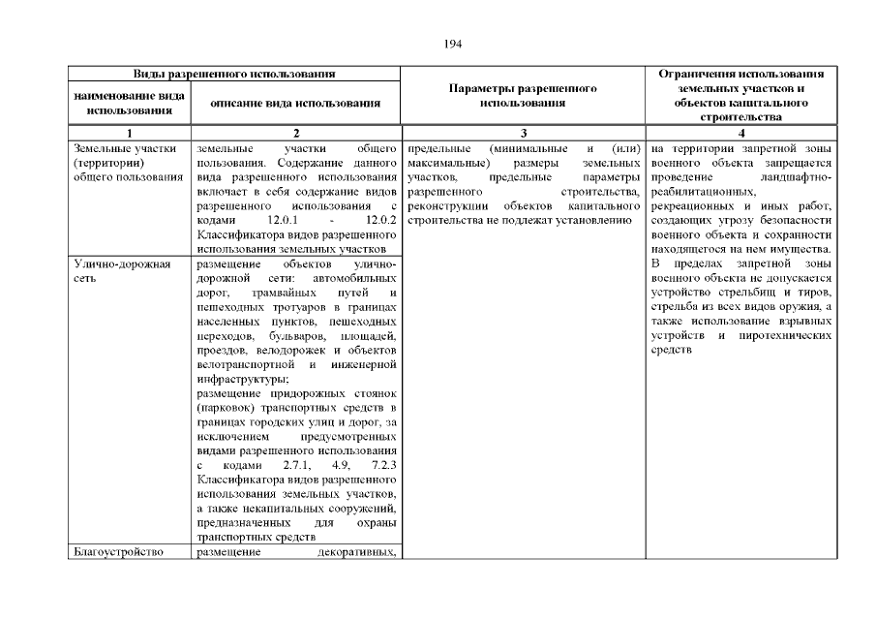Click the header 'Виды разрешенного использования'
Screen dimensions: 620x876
tap(234, 75)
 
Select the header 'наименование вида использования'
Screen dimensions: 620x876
tap(129, 103)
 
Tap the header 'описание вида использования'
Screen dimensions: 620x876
tap(296, 103)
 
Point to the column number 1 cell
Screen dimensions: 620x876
tap(129, 134)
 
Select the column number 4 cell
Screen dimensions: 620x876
tap(740, 134)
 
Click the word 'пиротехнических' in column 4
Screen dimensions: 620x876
tap(788, 335)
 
